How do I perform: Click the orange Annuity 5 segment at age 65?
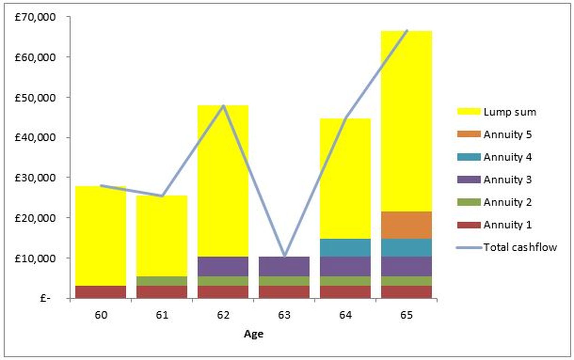pyautogui.click(x=407, y=225)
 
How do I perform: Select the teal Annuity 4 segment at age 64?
pyautogui.click(x=345, y=248)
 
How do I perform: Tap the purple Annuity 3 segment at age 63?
pyautogui.click(x=284, y=267)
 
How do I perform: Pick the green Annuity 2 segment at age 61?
pyautogui.click(x=162, y=281)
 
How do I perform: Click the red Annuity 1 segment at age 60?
pyautogui.click(x=101, y=292)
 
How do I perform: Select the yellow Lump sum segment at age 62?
pyautogui.click(x=223, y=181)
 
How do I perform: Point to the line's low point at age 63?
pyautogui.click(x=284, y=256)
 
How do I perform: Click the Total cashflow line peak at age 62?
pyautogui.click(x=223, y=106)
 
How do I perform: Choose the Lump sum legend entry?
pyautogui.click(x=497, y=112)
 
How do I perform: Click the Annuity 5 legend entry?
pyautogui.click(x=494, y=134)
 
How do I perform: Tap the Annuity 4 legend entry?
pyautogui.click(x=494, y=157)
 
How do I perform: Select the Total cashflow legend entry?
pyautogui.click(x=507, y=247)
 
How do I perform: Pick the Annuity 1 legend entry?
pyautogui.click(x=494, y=225)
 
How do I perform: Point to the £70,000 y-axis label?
pyautogui.click(x=35, y=18)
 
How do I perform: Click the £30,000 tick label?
pyautogui.click(x=35, y=178)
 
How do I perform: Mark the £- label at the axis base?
pyautogui.click(x=45, y=298)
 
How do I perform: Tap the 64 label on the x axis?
pyautogui.click(x=345, y=315)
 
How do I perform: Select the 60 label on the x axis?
pyautogui.click(x=101, y=315)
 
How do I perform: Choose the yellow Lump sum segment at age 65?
pyautogui.click(x=407, y=121)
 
